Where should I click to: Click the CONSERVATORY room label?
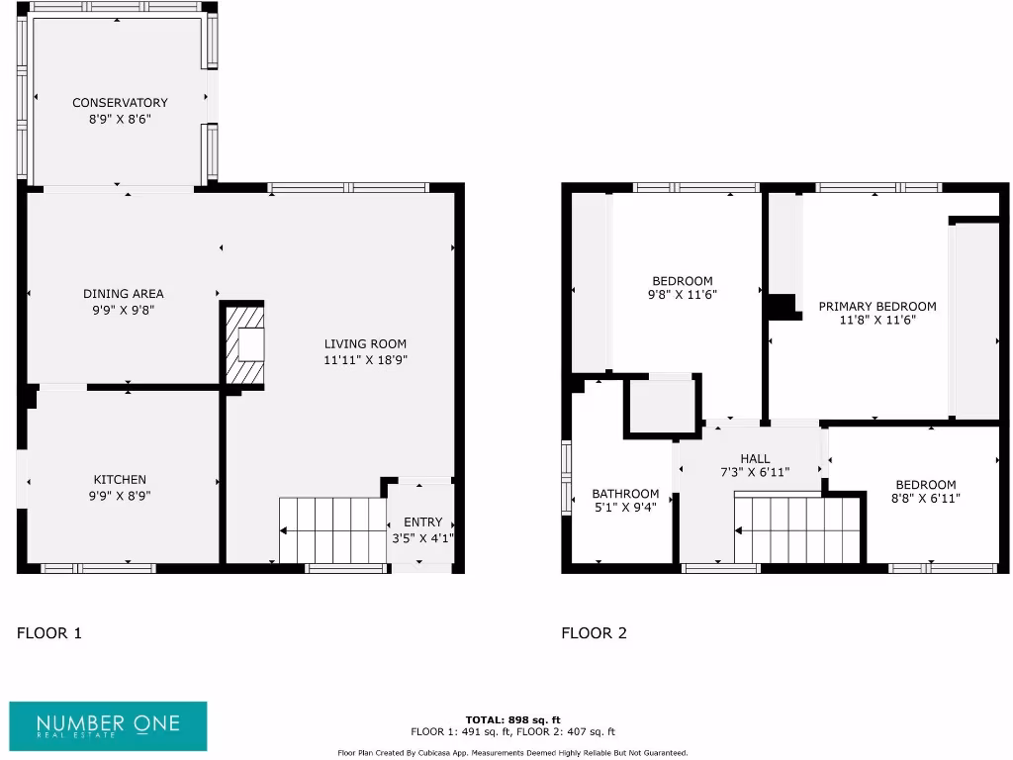(x=120, y=103)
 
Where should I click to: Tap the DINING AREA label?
(x=124, y=294)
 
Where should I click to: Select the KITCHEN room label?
(x=120, y=480)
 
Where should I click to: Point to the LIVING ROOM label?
(x=366, y=344)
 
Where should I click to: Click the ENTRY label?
(x=423, y=522)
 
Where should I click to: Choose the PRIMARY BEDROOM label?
(x=876, y=307)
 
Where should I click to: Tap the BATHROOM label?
(x=625, y=494)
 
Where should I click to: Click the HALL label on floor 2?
(x=755, y=458)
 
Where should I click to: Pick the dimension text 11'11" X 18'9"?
(x=366, y=360)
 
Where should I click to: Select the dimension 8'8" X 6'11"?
(x=926, y=499)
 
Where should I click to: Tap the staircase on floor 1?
(x=332, y=530)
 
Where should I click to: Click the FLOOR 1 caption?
(x=49, y=633)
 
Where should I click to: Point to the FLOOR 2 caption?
(x=594, y=633)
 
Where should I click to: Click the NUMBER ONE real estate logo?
(x=109, y=726)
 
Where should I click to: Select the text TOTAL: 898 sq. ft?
(x=512, y=719)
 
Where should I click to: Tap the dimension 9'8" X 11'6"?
(x=683, y=294)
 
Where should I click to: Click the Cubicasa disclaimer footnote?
(x=512, y=753)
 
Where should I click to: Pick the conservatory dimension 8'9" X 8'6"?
(x=120, y=119)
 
